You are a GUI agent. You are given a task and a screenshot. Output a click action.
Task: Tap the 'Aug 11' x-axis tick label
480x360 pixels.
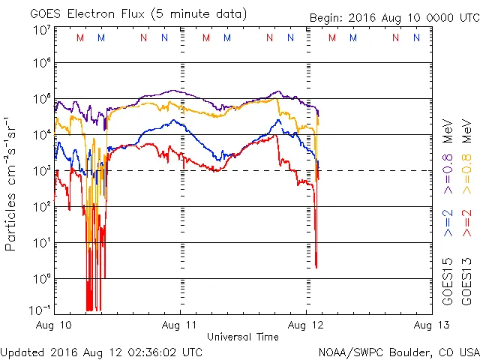pos(180,325)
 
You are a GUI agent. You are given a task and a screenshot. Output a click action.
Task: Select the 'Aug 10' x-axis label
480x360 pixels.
pos(55,325)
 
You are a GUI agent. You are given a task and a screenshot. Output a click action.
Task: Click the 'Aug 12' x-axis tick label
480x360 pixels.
pos(305,325)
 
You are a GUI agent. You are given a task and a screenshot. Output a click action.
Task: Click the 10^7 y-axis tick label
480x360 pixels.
pos(42,30)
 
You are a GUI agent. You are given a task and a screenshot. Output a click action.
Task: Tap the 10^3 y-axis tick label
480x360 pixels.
pos(42,171)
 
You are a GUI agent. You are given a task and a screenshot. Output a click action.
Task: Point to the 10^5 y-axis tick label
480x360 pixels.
pos(42,99)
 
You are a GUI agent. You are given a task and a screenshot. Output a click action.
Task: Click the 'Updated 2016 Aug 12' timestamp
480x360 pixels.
pos(101,352)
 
